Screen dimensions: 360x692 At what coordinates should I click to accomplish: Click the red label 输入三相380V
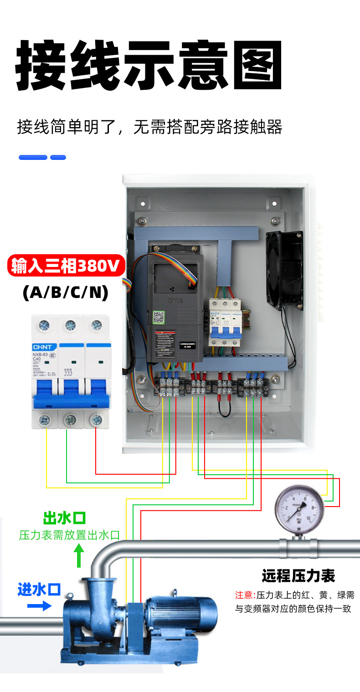coord(66,266)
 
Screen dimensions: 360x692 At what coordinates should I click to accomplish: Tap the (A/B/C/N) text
coord(66,292)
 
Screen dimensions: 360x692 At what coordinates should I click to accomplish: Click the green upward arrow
coord(79,556)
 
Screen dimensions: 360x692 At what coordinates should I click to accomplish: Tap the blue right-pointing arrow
coord(39,606)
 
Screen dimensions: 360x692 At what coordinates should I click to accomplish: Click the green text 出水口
coord(65,518)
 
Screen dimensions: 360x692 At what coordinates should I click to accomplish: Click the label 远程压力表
coord(298,576)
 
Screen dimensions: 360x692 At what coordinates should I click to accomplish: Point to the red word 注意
coord(244,595)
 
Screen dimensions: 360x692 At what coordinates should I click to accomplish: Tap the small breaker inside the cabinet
coord(224,321)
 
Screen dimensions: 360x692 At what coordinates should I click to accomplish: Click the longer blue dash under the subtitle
coord(33,158)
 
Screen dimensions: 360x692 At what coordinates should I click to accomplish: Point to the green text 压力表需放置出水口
coord(69,535)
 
